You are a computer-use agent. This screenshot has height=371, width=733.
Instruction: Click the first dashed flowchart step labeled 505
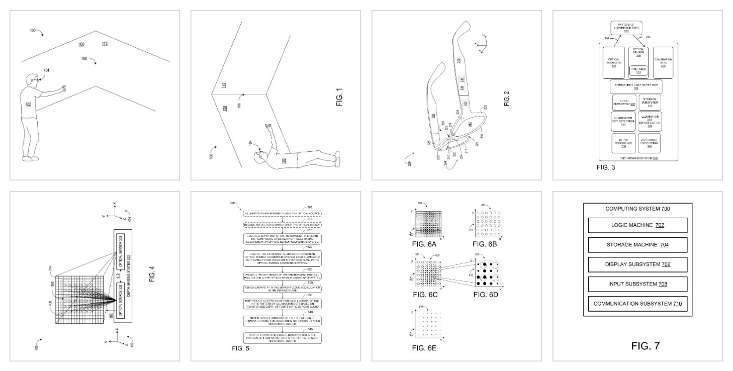tap(283, 213)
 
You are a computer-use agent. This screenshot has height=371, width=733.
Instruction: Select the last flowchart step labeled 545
tap(283, 337)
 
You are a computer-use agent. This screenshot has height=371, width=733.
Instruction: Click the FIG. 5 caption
tap(240, 348)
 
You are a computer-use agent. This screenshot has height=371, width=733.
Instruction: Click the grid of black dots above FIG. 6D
tap(488, 274)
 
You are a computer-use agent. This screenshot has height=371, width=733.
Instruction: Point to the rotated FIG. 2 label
tap(506, 98)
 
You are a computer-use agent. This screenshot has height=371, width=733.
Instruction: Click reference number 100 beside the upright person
tap(33, 31)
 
